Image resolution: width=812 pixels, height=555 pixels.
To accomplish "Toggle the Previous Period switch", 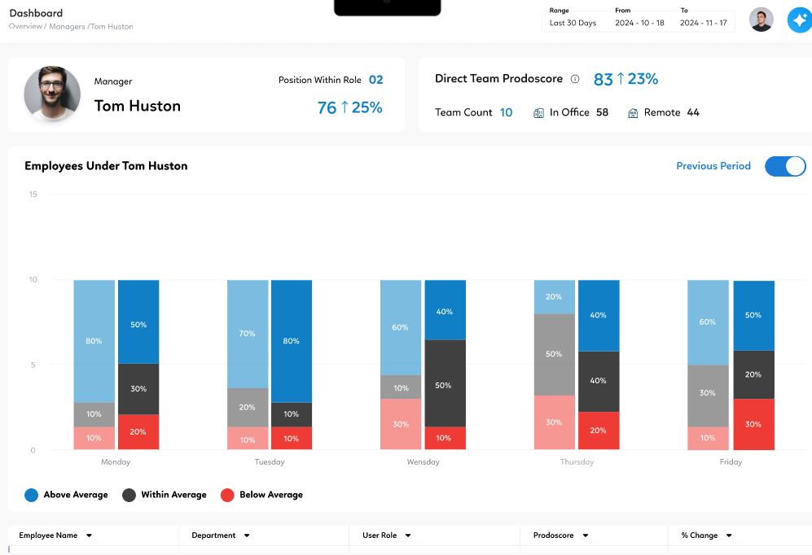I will pos(785,166).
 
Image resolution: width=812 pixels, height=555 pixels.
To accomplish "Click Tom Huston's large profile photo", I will pos(52,94).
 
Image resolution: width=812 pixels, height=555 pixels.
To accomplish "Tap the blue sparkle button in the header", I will pos(798,20).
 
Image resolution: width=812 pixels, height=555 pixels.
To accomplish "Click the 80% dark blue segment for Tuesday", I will pos(292,341).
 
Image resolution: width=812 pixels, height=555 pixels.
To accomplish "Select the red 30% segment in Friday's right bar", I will pos(753,424).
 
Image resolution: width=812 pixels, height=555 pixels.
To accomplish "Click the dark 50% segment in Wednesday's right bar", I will pos(445,383).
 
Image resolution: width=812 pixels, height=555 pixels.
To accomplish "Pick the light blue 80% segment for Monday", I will pos(94,341).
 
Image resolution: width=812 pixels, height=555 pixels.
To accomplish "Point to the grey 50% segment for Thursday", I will pos(554,354).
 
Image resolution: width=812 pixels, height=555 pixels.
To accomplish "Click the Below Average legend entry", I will pos(261,495).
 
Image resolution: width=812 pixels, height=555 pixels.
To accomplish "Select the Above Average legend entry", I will pos(66,495).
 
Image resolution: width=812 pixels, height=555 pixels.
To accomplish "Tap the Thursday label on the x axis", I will pos(577,462).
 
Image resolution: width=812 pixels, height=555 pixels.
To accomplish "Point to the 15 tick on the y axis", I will pos(33,194).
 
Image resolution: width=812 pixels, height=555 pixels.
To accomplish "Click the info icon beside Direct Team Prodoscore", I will pos(575,80).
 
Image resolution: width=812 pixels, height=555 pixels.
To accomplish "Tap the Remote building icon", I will pos(633,113).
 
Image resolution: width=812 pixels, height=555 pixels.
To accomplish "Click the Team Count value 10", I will pos(506,113).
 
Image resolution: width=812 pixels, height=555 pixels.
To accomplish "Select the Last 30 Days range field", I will pos(573,23).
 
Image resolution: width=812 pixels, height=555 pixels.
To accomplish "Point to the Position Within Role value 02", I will pos(375,80).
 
